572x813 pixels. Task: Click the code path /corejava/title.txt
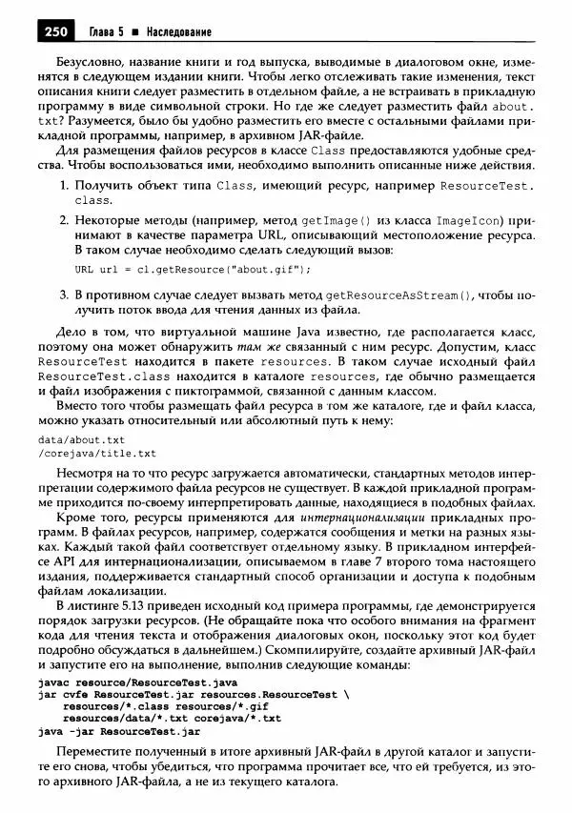coord(96,454)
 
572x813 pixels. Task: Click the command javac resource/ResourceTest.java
coord(137,682)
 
